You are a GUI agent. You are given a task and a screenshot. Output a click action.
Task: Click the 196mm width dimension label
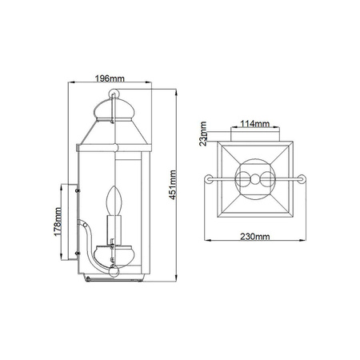click(x=110, y=78)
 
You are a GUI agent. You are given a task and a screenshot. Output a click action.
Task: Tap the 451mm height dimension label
click(x=173, y=185)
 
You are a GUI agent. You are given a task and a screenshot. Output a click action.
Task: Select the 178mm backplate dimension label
click(x=58, y=222)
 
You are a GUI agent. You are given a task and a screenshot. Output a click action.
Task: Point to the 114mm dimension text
click(x=255, y=124)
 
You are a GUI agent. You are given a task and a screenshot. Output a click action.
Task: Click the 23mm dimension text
click(x=203, y=134)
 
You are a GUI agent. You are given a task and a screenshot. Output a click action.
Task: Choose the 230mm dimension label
click(x=255, y=237)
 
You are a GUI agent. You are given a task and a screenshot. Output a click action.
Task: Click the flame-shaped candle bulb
click(x=114, y=200)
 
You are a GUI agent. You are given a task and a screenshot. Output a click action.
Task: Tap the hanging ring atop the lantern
click(x=114, y=94)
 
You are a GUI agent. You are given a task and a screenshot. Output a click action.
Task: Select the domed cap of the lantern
click(x=114, y=110)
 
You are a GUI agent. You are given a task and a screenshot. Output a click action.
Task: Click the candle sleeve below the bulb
click(x=114, y=230)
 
